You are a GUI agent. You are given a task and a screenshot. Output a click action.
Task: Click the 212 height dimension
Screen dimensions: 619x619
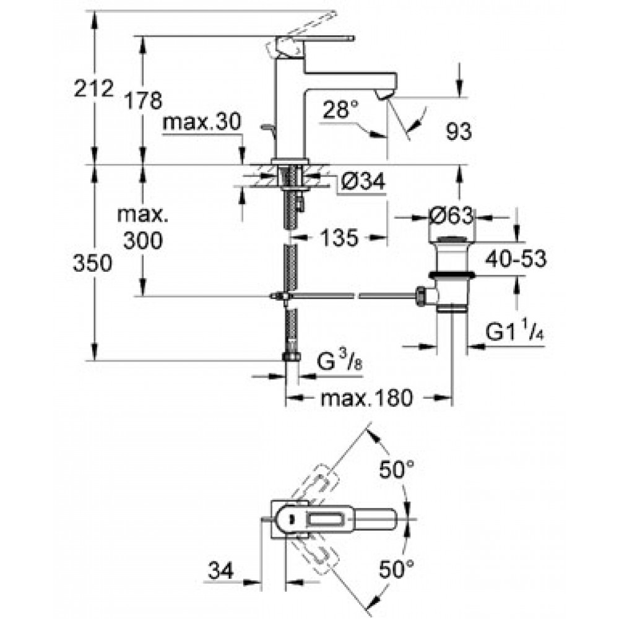(94, 88)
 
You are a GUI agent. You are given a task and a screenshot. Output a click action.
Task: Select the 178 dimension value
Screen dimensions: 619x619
(143, 100)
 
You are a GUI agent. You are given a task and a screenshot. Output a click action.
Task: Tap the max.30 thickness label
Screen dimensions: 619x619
(201, 122)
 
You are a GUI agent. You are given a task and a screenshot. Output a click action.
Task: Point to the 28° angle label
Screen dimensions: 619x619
(341, 110)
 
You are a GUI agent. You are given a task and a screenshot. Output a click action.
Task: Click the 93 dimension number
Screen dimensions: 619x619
(459, 131)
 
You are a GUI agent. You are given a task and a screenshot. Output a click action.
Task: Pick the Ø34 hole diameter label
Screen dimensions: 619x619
(362, 182)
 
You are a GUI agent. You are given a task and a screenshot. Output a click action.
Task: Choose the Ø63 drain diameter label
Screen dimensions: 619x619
(451, 216)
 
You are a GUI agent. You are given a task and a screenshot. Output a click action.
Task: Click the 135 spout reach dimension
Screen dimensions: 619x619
(339, 238)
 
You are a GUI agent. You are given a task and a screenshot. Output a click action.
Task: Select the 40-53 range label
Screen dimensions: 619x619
(516, 259)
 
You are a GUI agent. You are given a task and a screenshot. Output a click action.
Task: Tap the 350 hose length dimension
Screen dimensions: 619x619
(92, 263)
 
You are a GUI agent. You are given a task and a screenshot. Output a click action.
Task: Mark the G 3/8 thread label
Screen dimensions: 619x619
(339, 361)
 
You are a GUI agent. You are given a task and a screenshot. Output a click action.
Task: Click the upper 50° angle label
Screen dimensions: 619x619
(397, 470)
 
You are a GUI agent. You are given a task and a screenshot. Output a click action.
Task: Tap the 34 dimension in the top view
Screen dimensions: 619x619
(221, 570)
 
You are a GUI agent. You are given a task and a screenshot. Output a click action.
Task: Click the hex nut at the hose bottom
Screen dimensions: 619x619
(292, 357)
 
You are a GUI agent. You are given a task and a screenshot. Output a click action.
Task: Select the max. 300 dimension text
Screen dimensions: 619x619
(143, 228)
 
